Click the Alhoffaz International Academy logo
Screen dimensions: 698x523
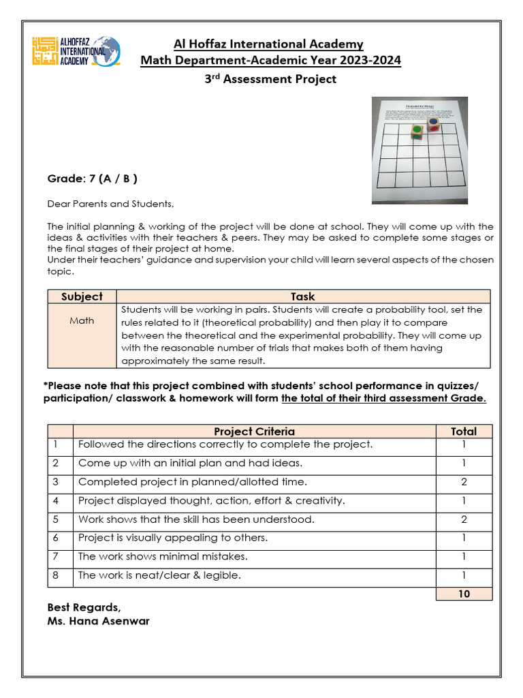pos(76,51)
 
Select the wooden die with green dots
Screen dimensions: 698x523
pos(417,131)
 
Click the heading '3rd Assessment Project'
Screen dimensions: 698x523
pos(270,79)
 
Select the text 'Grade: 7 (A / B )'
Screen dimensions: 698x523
pos(92,179)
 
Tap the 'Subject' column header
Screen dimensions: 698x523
pos(82,297)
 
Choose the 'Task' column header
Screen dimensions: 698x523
pos(302,297)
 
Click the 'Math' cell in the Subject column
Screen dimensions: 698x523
pos(82,320)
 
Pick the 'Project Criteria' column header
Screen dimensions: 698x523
pos(254,431)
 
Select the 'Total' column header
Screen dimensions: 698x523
pos(463,431)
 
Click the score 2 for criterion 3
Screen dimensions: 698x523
pos(463,482)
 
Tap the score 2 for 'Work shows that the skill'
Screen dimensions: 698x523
pos(463,519)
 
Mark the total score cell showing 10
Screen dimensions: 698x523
pos(463,594)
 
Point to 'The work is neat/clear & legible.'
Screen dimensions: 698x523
pos(159,575)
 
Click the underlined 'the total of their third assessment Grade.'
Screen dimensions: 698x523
pos(383,399)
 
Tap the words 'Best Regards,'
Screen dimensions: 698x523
pos(84,607)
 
